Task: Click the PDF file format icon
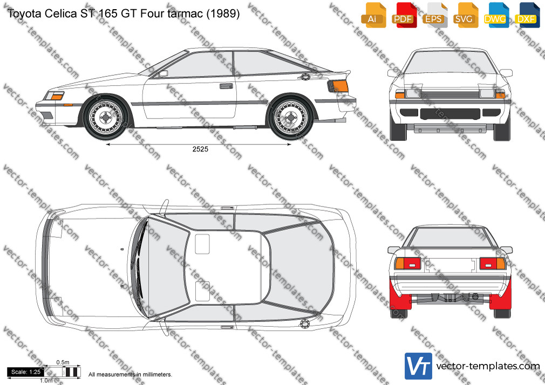(x=403, y=15)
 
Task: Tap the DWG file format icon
(x=495, y=15)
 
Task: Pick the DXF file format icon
(x=526, y=15)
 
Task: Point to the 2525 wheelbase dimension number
(x=200, y=149)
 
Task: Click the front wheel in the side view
(x=106, y=118)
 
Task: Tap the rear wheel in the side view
(x=290, y=118)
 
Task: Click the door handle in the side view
(x=226, y=86)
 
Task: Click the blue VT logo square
(x=419, y=366)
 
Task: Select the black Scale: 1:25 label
(x=26, y=372)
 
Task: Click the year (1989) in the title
(x=223, y=13)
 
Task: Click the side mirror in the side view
(x=163, y=73)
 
